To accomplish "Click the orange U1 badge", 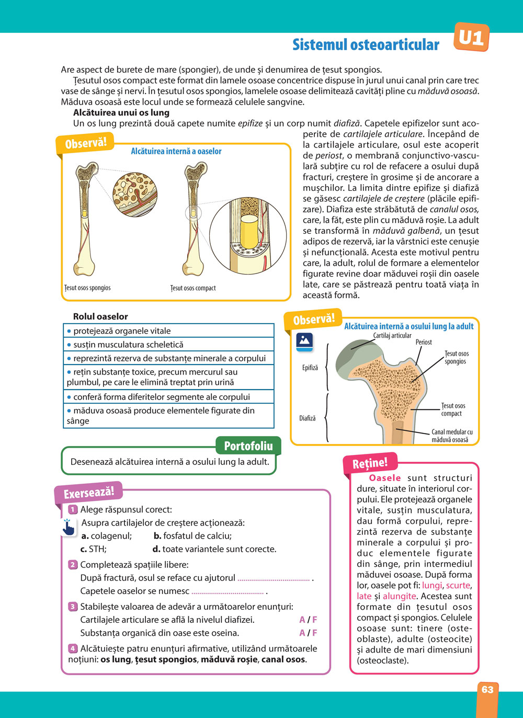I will (x=471, y=38).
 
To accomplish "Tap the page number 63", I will (x=487, y=689).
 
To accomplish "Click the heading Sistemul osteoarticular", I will (x=366, y=45).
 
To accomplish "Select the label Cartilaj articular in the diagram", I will (x=392, y=336).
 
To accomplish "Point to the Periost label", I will (x=424, y=342).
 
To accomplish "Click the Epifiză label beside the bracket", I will (x=310, y=368).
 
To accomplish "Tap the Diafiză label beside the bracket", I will (x=308, y=418).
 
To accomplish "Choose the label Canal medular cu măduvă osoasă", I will (x=452, y=436).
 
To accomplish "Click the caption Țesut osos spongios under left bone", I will (x=87, y=288).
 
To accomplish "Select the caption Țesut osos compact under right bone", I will (x=193, y=288).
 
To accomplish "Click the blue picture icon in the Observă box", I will (x=304, y=341).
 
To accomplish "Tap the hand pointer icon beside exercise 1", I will (x=68, y=527).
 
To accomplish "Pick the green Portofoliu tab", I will (x=248, y=446).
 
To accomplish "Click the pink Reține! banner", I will (x=370, y=463).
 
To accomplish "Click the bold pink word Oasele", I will (x=385, y=478).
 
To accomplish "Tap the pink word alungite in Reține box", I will (x=400, y=596).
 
